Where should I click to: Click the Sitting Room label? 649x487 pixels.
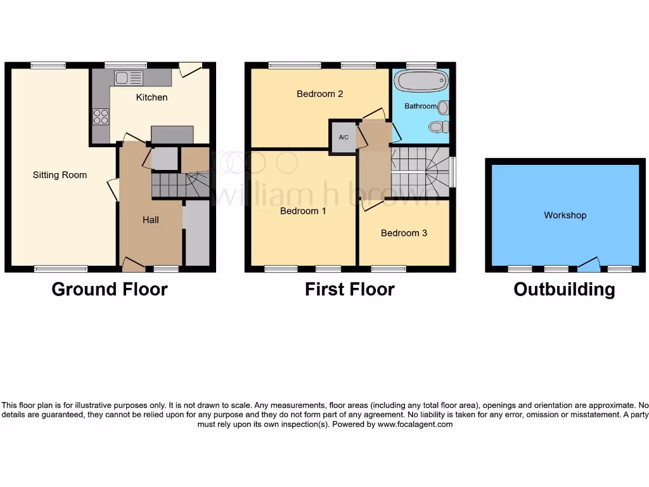coord(60,175)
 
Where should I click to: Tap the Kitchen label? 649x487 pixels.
coord(152,97)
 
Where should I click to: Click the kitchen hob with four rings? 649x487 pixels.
coord(101,117)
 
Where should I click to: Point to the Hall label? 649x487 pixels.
coord(151,220)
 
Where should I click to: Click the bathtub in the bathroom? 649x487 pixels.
coord(421,81)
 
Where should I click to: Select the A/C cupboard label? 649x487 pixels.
coord(344,137)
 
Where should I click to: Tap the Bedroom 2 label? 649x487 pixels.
coord(320,94)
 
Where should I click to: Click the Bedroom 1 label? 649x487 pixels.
coord(303,211)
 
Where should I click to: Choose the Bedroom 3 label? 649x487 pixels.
coord(404,233)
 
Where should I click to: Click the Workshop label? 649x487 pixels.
coord(565,215)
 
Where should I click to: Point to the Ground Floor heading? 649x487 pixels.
coord(110,289)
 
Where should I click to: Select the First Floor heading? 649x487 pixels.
coord(350,289)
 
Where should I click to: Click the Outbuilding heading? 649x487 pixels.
coord(564,289)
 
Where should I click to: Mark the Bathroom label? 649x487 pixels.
coord(421,107)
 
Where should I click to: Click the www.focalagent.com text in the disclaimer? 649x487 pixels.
coord(415,424)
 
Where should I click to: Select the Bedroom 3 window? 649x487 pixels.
coord(389,269)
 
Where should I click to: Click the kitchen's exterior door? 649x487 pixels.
coord(190,68)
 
